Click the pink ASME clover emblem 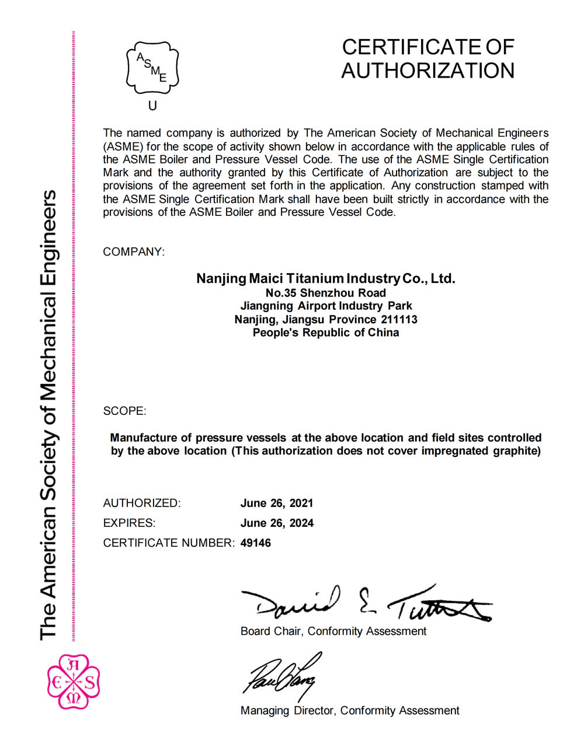(x=73, y=681)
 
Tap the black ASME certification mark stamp (x=152, y=68)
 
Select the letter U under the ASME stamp (x=152, y=106)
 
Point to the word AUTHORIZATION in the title (x=427, y=71)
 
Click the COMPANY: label (x=134, y=252)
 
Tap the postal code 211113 (x=399, y=319)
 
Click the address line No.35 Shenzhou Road (x=325, y=292)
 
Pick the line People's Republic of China (x=326, y=333)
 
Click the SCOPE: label (x=124, y=411)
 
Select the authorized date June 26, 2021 (x=277, y=503)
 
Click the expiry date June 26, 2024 (x=277, y=523)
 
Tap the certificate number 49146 (x=256, y=543)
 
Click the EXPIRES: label (x=129, y=523)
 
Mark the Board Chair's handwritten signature (x=365, y=604)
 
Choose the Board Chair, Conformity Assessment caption (x=333, y=631)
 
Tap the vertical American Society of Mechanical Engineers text (x=48, y=414)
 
